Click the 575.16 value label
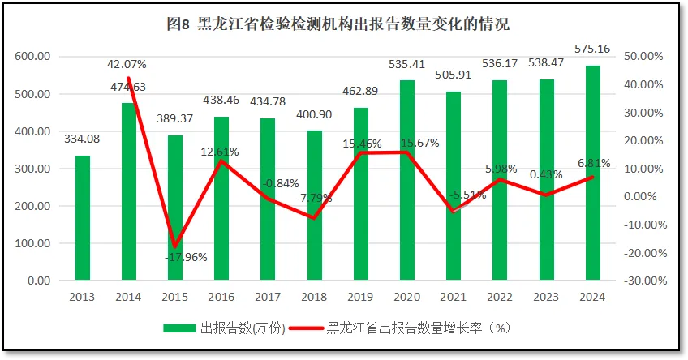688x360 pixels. pos(594,49)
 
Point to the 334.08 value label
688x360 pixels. pos(83,141)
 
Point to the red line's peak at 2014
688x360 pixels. pos(129,79)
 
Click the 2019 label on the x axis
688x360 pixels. pos(361,296)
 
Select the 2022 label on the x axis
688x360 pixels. pos(500,296)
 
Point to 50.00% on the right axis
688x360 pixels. pos(646,57)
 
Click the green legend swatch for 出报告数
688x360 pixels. pos(180,328)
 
